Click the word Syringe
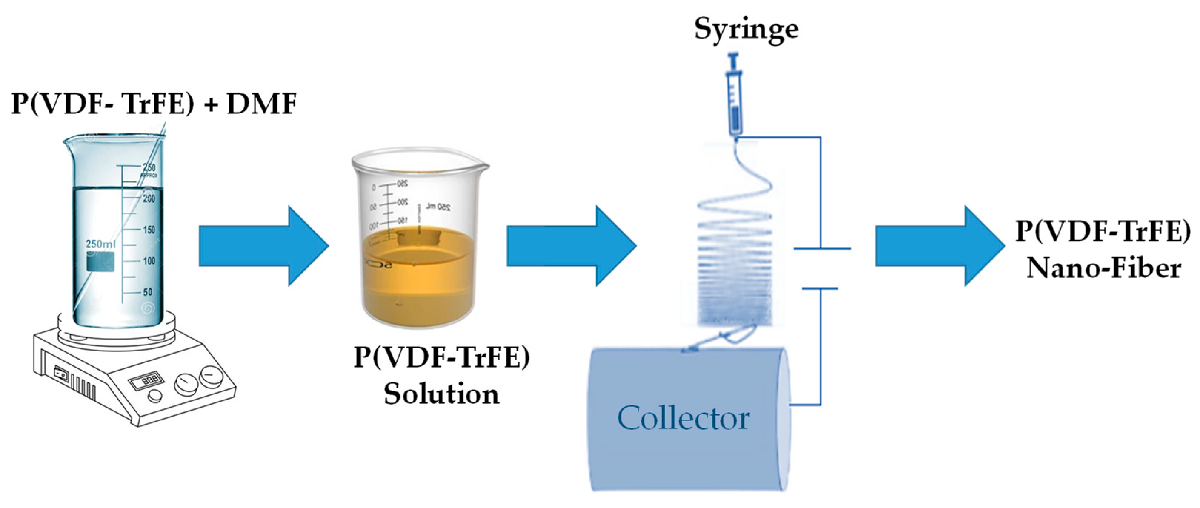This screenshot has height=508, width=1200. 746,29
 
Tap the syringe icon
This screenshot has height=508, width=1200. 735,96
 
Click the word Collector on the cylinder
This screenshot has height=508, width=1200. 684,418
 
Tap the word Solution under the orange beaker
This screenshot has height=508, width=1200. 442,394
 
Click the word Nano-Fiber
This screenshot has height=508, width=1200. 1104,269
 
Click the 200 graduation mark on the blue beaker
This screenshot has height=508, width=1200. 149,199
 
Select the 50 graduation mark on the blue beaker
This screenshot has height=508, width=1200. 148,292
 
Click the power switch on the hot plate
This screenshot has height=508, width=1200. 60,372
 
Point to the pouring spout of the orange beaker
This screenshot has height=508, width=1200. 482,164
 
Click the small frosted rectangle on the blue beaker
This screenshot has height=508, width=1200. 101,261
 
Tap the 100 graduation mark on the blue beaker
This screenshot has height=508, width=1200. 149,261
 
